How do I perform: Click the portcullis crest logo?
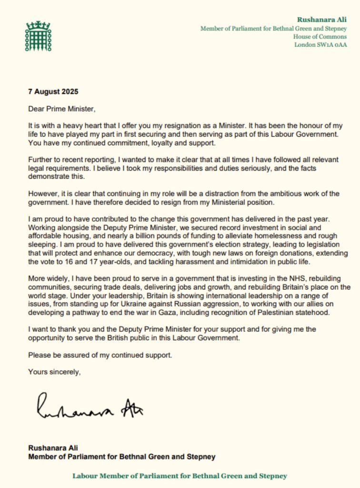tap(38, 37)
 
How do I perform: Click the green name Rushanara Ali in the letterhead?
tap(322, 20)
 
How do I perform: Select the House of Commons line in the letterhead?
tap(320, 37)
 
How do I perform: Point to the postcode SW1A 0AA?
tap(330, 45)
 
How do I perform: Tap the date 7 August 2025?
tap(53, 91)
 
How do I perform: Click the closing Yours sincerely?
tap(54, 371)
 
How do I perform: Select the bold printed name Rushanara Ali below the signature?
tap(52, 448)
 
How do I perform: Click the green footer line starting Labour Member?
tap(180, 476)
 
